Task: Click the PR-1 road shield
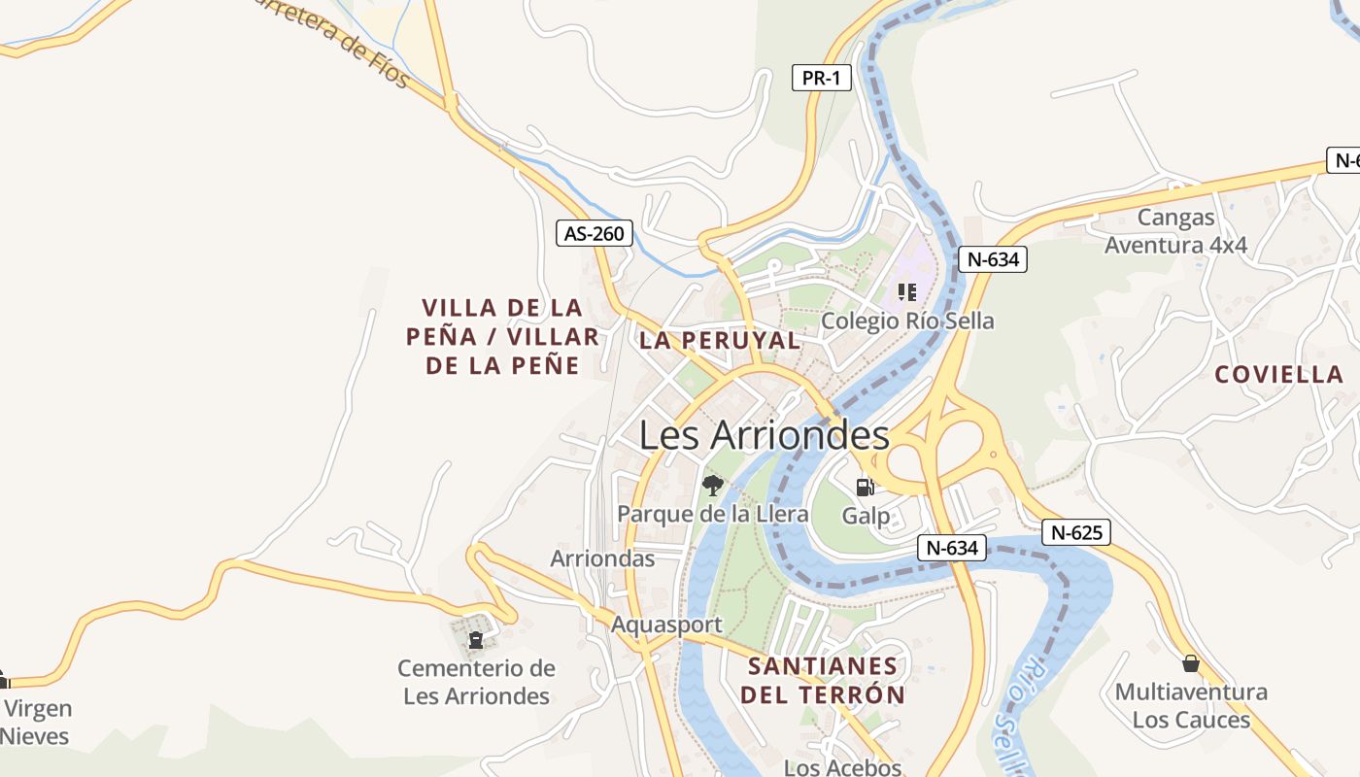click(x=821, y=78)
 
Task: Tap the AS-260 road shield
click(x=595, y=233)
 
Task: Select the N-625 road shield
click(x=1075, y=532)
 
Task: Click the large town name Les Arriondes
click(x=764, y=435)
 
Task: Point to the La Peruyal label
click(x=720, y=340)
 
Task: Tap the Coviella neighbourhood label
click(x=1278, y=374)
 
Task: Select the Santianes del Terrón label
click(x=823, y=681)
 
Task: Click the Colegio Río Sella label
click(x=907, y=321)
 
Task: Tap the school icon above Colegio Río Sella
click(x=907, y=292)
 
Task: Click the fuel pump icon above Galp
click(x=865, y=487)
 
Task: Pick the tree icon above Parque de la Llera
click(x=713, y=485)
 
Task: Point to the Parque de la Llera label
click(x=713, y=514)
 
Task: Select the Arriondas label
click(x=602, y=558)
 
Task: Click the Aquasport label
click(x=666, y=625)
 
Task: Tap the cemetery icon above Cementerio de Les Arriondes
click(x=476, y=640)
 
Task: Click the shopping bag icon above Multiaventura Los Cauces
click(x=1190, y=663)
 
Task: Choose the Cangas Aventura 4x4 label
click(x=1175, y=231)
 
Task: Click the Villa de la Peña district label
click(x=502, y=336)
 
